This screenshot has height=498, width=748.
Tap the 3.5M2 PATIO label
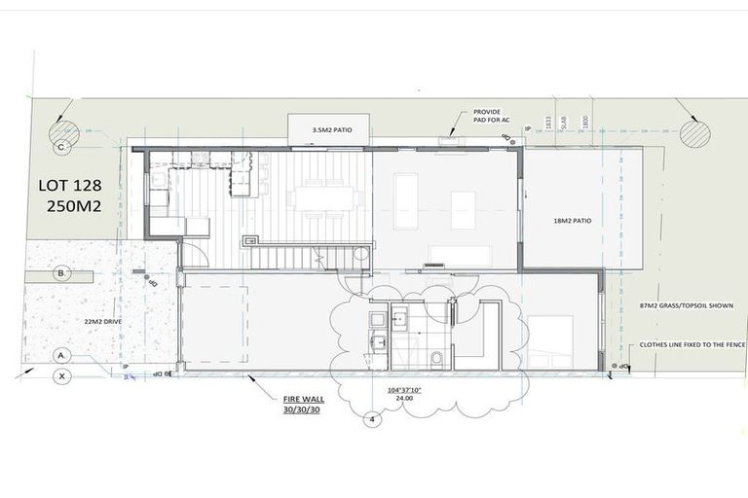[x=325, y=129]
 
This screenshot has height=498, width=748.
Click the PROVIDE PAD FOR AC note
[x=487, y=117]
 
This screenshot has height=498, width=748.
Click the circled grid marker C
[x=61, y=147]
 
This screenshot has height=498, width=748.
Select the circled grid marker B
[x=61, y=274]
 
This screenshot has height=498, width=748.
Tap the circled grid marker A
[x=61, y=355]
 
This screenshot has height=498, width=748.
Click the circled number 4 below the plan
[x=370, y=420]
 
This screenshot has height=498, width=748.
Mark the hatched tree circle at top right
[x=694, y=132]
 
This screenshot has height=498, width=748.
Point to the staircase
[x=292, y=257]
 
